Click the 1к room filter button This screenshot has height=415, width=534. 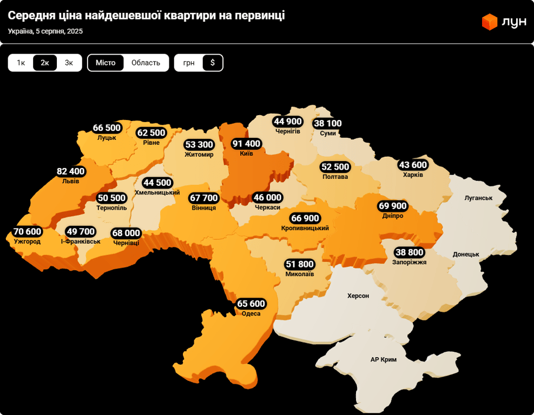tap(21, 63)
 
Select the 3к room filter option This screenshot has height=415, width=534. tap(69, 63)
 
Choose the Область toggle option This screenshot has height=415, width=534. tap(146, 63)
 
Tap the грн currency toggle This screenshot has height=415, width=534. tap(189, 63)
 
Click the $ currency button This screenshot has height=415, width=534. tap(213, 63)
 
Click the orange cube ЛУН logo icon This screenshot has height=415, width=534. tap(489, 22)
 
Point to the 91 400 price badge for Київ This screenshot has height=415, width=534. tap(246, 144)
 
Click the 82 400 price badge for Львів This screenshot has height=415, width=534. tap(70, 171)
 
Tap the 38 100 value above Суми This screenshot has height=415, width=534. tap(327, 123)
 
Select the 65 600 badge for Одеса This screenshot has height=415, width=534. tap(251, 304)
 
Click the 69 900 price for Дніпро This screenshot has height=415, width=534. tap(393, 206)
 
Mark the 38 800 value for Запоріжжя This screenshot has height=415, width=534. tap(410, 252)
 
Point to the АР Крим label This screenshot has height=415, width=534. tap(384, 359)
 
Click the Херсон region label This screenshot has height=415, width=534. tap(358, 296)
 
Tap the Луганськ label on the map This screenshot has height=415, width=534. tap(478, 198)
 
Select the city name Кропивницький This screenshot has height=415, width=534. tap(305, 228)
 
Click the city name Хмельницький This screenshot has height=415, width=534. tap(157, 192)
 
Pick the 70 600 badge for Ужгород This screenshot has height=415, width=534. tap(27, 232)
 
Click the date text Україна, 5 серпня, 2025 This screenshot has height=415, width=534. tap(45, 31)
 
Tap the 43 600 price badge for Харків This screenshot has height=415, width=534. tap(413, 165)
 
